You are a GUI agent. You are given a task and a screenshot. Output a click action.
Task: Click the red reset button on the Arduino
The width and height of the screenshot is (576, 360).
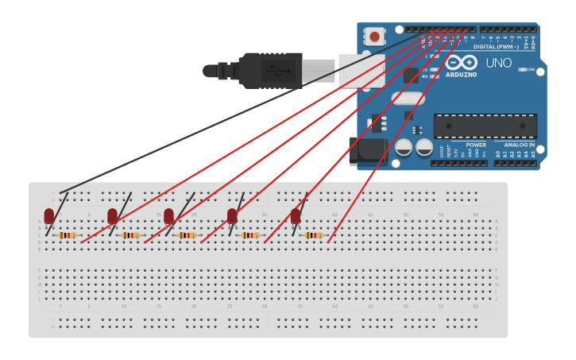tap(373, 36)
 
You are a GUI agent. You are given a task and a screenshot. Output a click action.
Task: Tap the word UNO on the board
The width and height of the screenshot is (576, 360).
tap(498, 63)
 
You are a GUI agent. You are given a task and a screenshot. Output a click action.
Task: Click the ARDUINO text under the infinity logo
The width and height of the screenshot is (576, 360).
tap(462, 75)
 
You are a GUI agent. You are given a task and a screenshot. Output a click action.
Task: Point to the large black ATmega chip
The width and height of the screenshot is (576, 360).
tap(485, 126)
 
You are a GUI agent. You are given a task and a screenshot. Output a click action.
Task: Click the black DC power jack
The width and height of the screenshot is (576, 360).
tap(367, 151)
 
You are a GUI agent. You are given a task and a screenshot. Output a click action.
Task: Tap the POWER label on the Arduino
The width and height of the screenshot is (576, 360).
tap(476, 145)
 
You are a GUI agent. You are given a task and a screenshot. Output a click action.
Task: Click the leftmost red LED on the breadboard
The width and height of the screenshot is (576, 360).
tap(49, 215)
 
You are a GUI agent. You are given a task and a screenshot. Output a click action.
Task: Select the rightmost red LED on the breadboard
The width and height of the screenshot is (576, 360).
tap(296, 216)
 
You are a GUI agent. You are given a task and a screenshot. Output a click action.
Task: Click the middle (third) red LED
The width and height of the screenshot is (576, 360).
tap(168, 215)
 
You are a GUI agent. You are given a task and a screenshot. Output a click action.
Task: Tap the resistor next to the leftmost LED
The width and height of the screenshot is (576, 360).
tap(68, 235)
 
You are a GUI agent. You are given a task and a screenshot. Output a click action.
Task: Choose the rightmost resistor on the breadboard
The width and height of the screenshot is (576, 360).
tap(314, 235)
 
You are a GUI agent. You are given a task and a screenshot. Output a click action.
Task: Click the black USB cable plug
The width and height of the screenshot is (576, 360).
tap(270, 69)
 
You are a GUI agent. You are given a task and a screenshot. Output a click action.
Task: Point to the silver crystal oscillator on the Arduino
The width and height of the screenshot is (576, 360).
tap(408, 99)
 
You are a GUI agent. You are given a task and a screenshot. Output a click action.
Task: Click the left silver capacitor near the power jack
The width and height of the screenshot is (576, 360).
tap(404, 148)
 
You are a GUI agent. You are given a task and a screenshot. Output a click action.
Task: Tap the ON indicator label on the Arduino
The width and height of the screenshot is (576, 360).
tap(531, 70)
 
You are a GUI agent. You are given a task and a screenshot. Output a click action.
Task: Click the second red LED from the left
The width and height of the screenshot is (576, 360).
tap(113, 215)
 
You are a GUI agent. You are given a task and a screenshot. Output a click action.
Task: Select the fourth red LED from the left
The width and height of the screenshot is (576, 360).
tap(232, 216)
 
